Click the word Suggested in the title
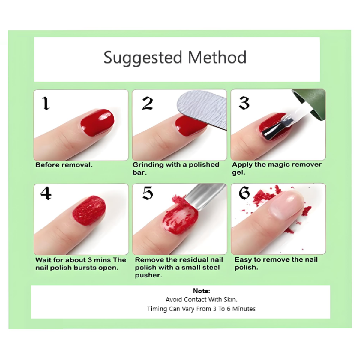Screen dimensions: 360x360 click(x=143, y=58)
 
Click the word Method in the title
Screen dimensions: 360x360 click(x=217, y=57)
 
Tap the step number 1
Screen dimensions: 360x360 click(x=46, y=103)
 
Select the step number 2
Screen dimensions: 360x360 click(x=148, y=103)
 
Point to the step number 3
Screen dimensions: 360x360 click(x=244, y=103)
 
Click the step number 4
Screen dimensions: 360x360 click(x=46, y=193)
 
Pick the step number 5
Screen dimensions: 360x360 click(x=148, y=193)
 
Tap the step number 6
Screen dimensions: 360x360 click(x=244, y=193)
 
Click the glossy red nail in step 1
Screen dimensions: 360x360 click(x=97, y=123)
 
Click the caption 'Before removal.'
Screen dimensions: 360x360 click(x=64, y=165)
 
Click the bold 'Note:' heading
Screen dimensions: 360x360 click(x=201, y=291)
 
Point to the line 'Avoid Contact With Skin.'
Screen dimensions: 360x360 click(x=201, y=300)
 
